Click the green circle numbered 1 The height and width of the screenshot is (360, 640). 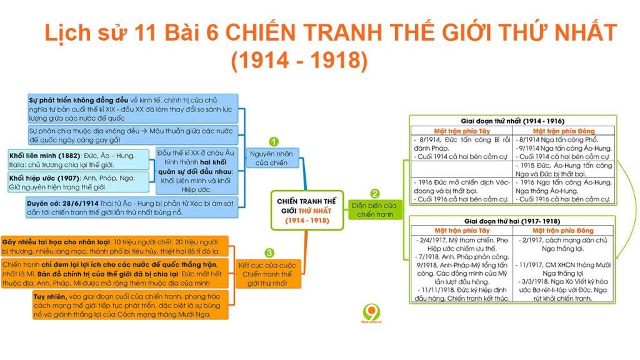point(274,142)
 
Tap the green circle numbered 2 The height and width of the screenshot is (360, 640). point(375,194)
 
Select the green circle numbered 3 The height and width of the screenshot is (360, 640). point(269,253)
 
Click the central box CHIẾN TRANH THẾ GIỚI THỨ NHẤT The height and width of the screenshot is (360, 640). point(307,211)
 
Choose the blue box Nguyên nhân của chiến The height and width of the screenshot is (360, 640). point(272,158)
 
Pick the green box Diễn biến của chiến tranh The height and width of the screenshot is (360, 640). point(375,210)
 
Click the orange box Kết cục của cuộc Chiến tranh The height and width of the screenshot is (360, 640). point(268,274)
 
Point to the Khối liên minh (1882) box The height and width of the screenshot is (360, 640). point(79,160)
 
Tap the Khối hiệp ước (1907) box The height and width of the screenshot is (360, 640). point(79,182)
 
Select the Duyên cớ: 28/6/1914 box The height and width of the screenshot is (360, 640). point(131,207)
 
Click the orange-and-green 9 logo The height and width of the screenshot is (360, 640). point(371,314)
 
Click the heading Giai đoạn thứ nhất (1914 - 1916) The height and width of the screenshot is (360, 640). point(512,121)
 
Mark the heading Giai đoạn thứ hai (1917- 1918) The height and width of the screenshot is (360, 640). point(512,221)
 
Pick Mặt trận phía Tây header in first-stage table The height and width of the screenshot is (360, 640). point(462,131)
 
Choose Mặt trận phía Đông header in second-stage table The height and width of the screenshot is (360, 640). point(563,231)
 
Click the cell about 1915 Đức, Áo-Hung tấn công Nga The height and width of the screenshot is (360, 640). point(564,170)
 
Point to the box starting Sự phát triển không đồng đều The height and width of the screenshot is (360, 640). point(133,109)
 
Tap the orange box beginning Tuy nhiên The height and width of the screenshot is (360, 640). point(130,305)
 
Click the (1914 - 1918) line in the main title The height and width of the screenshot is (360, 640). point(299,60)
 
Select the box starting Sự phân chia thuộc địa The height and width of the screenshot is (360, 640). point(133,136)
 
